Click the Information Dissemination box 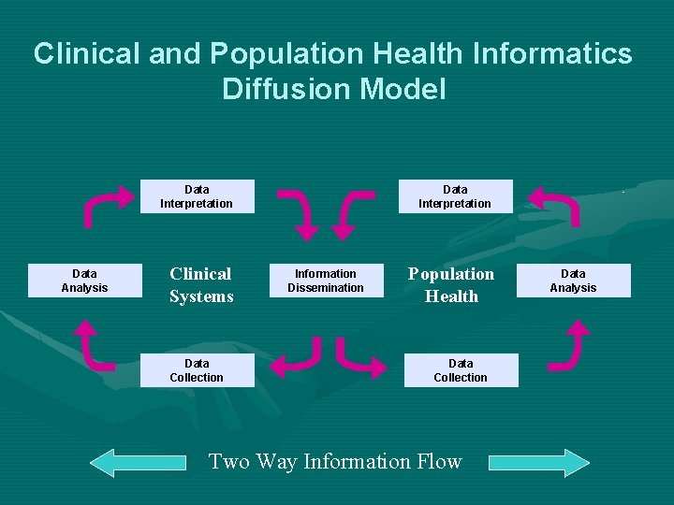[x=326, y=281]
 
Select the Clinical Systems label [x=201, y=285]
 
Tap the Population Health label [x=451, y=285]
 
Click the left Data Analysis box [x=84, y=281]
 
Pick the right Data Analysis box [x=573, y=281]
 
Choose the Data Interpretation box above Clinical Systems [x=197, y=196]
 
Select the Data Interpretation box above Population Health [x=455, y=196]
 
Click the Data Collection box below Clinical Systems [x=197, y=370]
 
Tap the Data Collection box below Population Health [x=461, y=370]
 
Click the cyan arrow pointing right [x=539, y=462]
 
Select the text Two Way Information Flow [x=335, y=462]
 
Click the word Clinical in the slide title [x=86, y=53]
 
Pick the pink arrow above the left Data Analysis [x=107, y=205]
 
